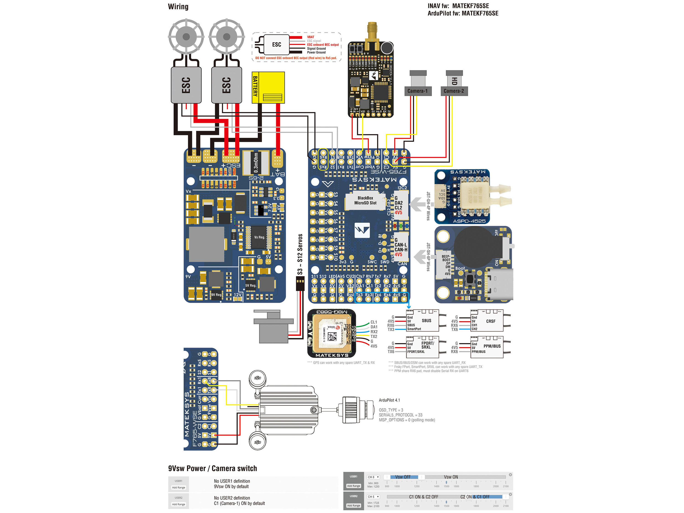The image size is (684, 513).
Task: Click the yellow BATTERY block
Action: click(x=268, y=88)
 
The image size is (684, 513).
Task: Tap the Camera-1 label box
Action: click(x=418, y=91)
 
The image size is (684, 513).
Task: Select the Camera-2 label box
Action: click(x=454, y=91)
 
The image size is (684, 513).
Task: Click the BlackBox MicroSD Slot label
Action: click(x=365, y=200)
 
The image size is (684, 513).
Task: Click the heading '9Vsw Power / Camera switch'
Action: click(x=212, y=469)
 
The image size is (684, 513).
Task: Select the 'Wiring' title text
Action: click(x=178, y=6)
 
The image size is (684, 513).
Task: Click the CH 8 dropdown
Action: click(x=373, y=477)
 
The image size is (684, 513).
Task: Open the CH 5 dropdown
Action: click(x=373, y=497)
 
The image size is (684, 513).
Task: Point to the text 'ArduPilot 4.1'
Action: click(x=389, y=400)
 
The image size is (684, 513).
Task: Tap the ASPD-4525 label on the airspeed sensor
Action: click(x=469, y=221)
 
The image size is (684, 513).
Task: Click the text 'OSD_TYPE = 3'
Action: click(x=391, y=410)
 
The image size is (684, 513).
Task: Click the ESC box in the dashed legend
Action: click(x=276, y=44)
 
